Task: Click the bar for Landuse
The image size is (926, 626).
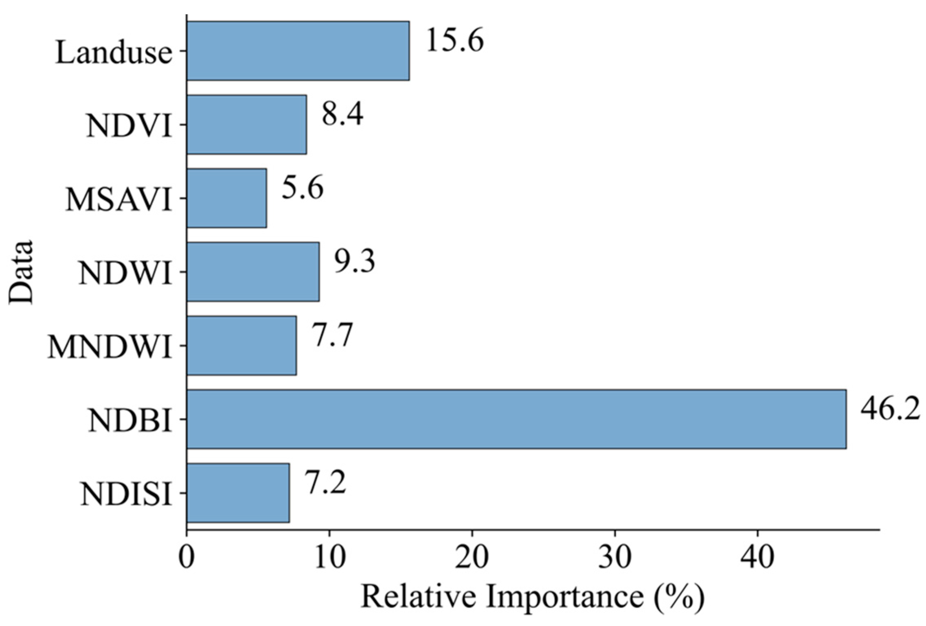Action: [298, 51]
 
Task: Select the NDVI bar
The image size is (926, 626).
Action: [247, 125]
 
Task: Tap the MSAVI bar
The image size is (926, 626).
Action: [227, 198]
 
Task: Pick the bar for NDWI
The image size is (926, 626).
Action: [253, 272]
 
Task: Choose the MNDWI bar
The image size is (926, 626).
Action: [241, 346]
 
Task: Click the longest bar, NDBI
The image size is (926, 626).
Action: [516, 419]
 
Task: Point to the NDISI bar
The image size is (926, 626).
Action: [238, 493]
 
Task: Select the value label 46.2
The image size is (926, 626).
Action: [890, 409]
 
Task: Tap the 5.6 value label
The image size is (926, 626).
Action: [302, 188]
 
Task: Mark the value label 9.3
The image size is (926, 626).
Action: [354, 262]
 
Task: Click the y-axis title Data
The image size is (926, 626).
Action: [20, 272]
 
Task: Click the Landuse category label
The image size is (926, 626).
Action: [114, 53]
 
